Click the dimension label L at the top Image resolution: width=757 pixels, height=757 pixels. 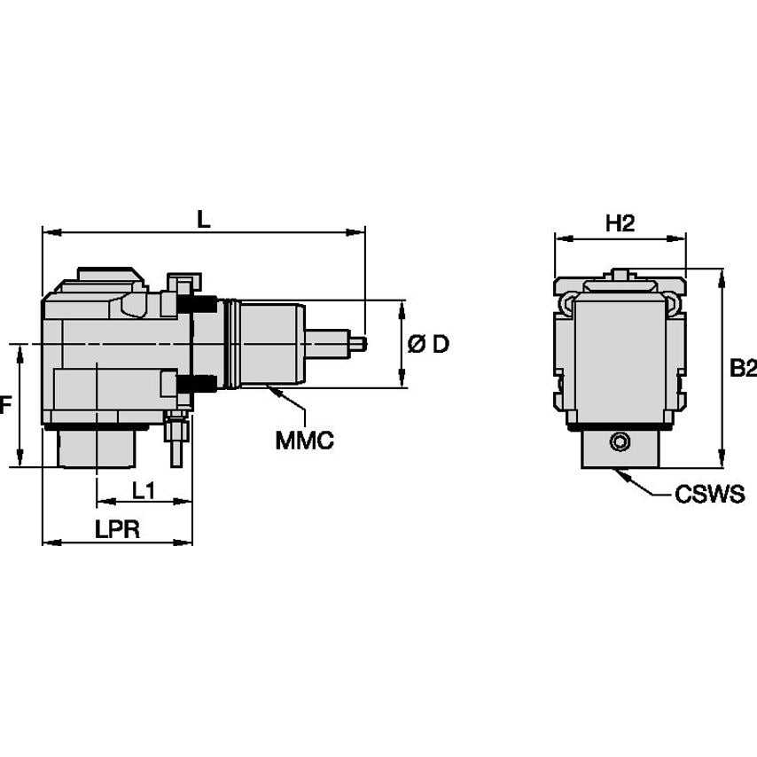[204, 219]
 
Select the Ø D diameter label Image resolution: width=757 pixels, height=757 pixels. [428, 344]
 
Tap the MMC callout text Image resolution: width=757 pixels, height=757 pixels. [304, 440]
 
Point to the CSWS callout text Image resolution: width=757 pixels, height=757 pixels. [709, 495]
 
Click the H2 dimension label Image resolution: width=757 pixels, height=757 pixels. [620, 223]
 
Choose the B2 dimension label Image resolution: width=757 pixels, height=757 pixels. [743, 369]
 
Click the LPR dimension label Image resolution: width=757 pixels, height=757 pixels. [117, 529]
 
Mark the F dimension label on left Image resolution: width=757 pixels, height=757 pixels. [5, 406]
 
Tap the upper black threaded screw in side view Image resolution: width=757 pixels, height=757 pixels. [199, 304]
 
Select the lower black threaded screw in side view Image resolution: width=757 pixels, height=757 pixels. [199, 385]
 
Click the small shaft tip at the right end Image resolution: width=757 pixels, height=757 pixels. [358, 343]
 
